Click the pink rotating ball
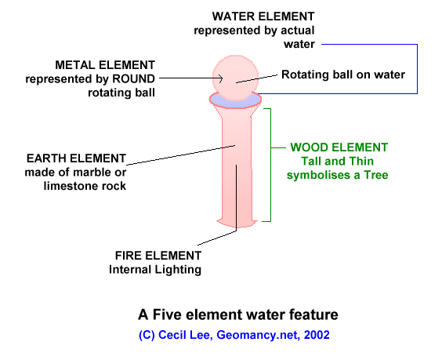pyautogui.click(x=235, y=78)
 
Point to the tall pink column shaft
pyautogui.click(x=236, y=166)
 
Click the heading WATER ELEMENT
pyautogui.click(x=263, y=16)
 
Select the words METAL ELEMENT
pyautogui.click(x=105, y=65)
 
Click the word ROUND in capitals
pyautogui.click(x=133, y=79)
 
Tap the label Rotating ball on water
pyautogui.click(x=343, y=75)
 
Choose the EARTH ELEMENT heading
pyautogui.click(x=76, y=158)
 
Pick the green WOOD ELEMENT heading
pyautogui.click(x=339, y=147)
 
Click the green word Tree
pyautogui.click(x=376, y=175)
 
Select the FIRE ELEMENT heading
pyautogui.click(x=158, y=256)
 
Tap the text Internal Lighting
pyautogui.click(x=155, y=270)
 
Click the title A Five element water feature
pyautogui.click(x=238, y=315)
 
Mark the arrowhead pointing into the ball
pyautogui.click(x=221, y=78)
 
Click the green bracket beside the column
pyautogui.click(x=270, y=165)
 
